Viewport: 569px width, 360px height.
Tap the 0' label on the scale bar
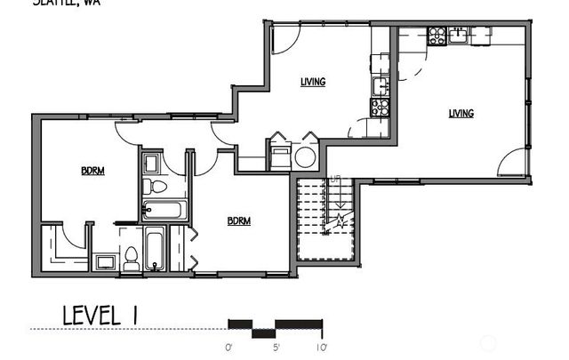coord(228,345)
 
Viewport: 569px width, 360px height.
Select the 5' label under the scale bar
coord(276,345)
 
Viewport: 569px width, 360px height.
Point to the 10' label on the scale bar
coord(320,345)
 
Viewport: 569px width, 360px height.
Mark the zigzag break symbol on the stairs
coord(339,223)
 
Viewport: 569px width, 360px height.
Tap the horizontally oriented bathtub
coord(164,211)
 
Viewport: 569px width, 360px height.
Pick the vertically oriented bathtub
coord(155,251)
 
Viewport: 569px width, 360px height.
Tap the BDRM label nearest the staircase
coord(238,221)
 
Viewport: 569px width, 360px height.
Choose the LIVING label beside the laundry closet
coord(312,82)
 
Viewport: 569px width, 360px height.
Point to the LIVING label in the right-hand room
coord(461,113)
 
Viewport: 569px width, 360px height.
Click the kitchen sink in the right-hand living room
coord(459,36)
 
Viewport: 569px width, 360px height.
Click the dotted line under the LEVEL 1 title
coord(124,329)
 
